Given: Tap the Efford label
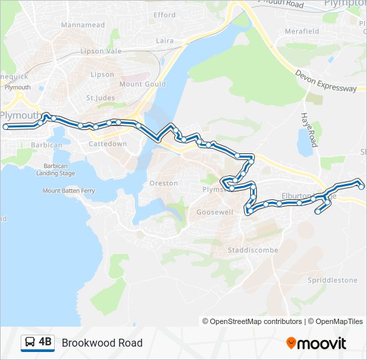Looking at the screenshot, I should click(x=164, y=15).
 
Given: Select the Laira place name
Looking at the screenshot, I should click(x=164, y=41).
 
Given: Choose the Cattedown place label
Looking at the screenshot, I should click(x=107, y=143).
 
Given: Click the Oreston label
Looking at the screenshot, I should click(x=163, y=183).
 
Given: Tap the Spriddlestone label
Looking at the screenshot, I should click(x=332, y=280).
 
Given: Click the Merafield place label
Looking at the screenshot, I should click(x=301, y=31).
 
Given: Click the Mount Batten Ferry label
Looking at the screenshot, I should click(x=69, y=191).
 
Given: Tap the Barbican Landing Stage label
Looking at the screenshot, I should click(x=59, y=169).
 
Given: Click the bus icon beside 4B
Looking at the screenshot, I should click(x=30, y=343).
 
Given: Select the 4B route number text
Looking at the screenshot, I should click(x=45, y=343).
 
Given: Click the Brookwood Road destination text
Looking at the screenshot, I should click(x=102, y=343).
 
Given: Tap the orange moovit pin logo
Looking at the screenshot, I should click(x=291, y=343).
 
